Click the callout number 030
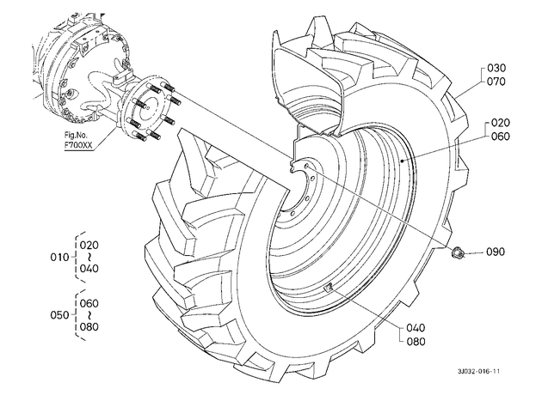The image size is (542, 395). tap(496, 68)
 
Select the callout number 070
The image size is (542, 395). tap(496, 82)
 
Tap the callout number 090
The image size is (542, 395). tap(496, 252)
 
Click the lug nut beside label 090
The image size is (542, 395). tap(458, 252)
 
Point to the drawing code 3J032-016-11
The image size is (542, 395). tap(478, 372)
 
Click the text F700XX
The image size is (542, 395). tap(78, 145)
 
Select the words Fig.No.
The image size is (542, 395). tap(76, 135)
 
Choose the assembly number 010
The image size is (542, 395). tap(60, 258)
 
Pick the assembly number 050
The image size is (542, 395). tap(60, 315)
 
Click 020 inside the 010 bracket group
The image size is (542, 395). tap(89, 246)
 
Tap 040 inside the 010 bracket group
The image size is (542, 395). tap(89, 269)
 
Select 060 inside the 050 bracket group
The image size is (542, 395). tap(89, 304)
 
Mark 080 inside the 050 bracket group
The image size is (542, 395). tap(89, 326)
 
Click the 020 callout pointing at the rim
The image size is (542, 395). tap(500, 123)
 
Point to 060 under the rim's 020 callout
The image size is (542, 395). tap(500, 137)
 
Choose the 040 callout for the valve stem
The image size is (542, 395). tap(416, 328)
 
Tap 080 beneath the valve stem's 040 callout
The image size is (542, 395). tap(416, 342)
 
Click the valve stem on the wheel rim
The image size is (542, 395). tap(328, 287)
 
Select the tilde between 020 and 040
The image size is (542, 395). tap(89, 257)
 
